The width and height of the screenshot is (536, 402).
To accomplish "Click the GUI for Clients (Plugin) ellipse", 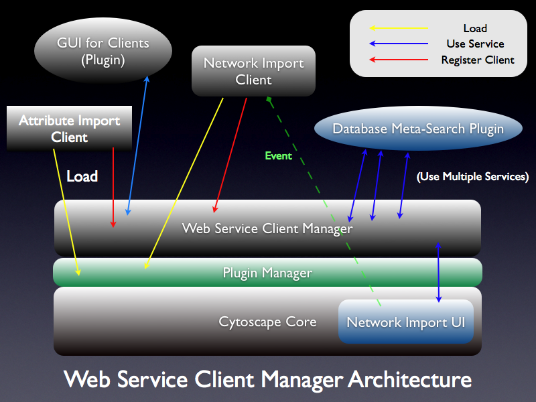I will click(x=103, y=51).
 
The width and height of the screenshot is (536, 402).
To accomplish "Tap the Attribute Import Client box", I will click(x=69, y=129).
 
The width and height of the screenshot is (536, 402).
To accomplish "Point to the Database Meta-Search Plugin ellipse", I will click(x=418, y=129).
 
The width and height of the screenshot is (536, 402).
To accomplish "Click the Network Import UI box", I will click(x=405, y=322).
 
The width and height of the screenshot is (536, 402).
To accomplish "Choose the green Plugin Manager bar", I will click(x=267, y=273).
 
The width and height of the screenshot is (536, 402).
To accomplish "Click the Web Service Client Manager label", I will click(x=267, y=228).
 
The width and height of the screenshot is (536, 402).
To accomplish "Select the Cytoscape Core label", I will click(x=267, y=322).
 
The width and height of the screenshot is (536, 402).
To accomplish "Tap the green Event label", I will click(x=279, y=155).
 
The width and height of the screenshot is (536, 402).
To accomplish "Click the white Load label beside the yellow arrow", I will click(x=82, y=176).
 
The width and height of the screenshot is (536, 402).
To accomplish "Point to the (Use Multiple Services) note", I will click(x=472, y=177).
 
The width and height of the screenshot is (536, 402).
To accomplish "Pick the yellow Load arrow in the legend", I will click(x=399, y=28).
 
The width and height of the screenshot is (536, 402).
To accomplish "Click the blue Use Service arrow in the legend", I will click(x=399, y=44).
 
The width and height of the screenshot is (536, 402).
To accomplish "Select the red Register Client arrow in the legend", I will click(x=399, y=60).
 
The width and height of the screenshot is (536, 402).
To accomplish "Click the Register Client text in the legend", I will click(x=478, y=60).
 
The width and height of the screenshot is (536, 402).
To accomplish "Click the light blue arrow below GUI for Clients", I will click(x=137, y=144).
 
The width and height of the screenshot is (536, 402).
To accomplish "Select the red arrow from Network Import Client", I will click(x=230, y=154).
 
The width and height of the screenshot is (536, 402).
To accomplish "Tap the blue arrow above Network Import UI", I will click(x=439, y=271).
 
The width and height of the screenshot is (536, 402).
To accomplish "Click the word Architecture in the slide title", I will click(x=409, y=380).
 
